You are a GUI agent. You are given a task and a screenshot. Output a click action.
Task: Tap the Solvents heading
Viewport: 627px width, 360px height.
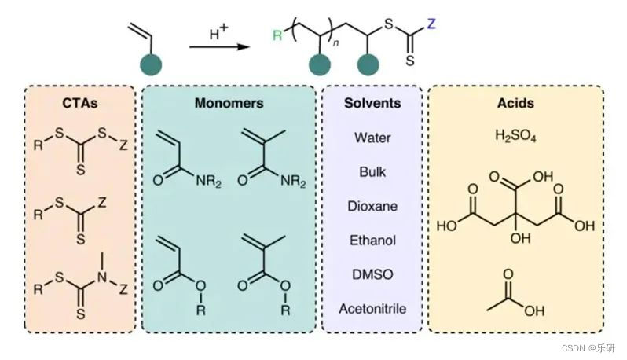click(372, 103)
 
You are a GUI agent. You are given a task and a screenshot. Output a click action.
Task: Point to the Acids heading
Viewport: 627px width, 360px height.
click(515, 103)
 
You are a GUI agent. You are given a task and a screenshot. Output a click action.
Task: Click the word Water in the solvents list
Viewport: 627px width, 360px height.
click(372, 138)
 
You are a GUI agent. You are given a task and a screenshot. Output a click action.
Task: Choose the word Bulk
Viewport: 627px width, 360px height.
click(372, 171)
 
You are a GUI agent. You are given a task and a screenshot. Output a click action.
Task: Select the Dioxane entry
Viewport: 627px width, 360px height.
click(372, 206)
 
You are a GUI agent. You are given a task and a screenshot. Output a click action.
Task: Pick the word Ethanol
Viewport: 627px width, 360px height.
click(372, 240)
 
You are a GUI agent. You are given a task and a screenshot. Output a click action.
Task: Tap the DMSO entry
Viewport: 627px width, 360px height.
click(372, 274)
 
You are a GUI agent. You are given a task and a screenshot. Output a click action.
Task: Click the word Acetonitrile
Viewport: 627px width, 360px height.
click(372, 308)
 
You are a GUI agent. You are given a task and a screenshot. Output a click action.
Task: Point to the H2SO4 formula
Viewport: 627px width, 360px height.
click(515, 135)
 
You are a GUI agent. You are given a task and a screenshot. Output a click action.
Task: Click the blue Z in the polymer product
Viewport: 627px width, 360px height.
click(430, 23)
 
